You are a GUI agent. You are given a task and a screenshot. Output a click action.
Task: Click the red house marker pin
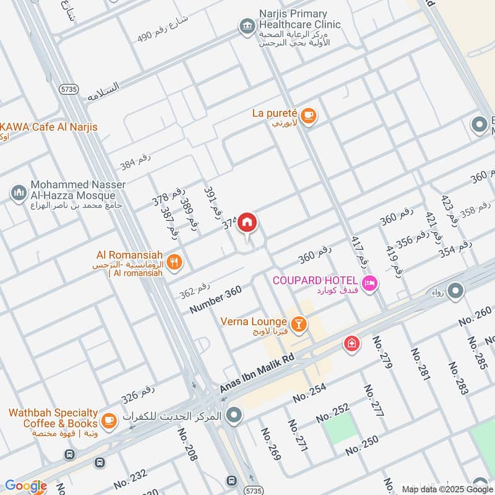click(x=247, y=222)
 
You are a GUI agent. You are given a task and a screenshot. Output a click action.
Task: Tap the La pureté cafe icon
click(x=308, y=114)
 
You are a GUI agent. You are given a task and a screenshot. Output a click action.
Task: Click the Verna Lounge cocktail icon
click(x=298, y=324)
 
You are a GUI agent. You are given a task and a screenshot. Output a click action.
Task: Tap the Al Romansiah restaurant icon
click(x=175, y=261)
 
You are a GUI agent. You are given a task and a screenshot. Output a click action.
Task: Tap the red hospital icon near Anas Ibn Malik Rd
click(x=351, y=343)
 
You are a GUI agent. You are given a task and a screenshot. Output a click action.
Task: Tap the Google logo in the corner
click(x=25, y=486)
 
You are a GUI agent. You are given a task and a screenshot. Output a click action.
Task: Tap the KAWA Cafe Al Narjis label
click(x=48, y=127)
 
